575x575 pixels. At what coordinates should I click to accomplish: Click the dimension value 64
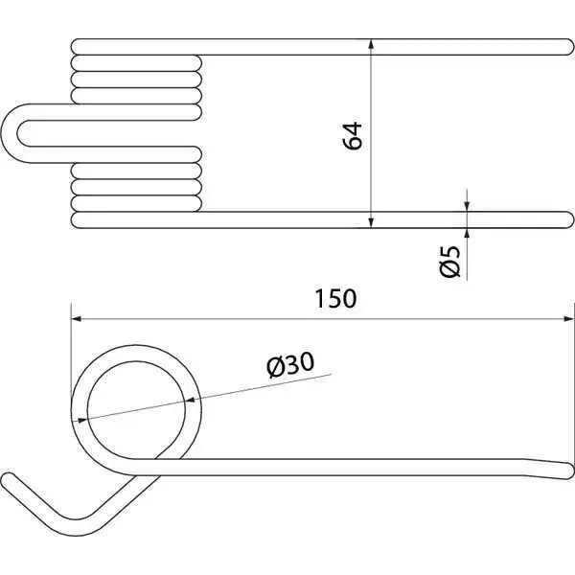(353, 136)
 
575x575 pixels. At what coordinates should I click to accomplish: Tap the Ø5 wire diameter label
(449, 262)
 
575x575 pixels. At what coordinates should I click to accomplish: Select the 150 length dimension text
(335, 298)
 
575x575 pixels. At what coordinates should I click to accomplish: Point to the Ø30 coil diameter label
(290, 364)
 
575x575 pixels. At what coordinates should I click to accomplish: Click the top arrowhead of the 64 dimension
(371, 44)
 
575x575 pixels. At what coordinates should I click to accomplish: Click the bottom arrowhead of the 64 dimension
(371, 222)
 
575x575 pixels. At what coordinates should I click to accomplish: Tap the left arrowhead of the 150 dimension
(76, 319)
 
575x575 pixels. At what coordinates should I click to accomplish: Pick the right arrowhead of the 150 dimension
(568, 319)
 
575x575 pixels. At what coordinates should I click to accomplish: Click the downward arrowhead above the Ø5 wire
(467, 206)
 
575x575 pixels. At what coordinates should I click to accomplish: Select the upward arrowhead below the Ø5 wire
(467, 233)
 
